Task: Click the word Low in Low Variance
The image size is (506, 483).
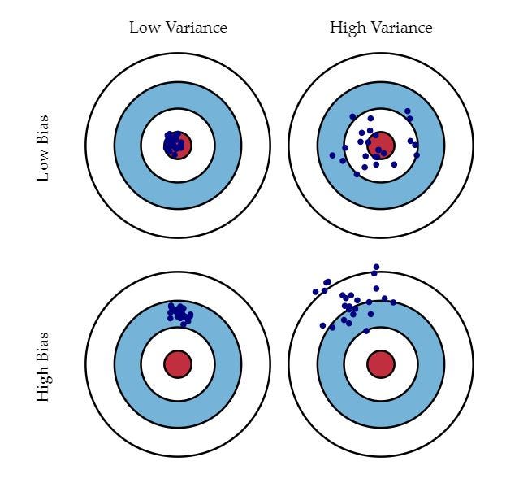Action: [142, 28]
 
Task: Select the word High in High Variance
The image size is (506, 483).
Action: [346, 28]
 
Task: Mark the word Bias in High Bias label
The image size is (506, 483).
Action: [43, 346]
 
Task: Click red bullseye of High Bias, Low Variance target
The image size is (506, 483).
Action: [178, 363]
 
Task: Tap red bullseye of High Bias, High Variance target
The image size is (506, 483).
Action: [380, 363]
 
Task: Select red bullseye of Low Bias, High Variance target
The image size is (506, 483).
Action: [380, 146]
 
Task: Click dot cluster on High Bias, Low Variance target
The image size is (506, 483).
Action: [179, 313]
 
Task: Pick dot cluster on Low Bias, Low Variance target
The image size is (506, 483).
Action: [173, 145]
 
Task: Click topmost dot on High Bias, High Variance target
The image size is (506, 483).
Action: [376, 267]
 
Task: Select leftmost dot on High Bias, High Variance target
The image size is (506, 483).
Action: [315, 291]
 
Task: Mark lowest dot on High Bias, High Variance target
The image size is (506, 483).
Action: [366, 331]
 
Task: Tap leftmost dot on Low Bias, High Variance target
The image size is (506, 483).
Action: [332, 155]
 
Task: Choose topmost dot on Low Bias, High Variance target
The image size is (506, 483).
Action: [407, 111]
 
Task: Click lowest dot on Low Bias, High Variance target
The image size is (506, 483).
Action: [357, 174]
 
